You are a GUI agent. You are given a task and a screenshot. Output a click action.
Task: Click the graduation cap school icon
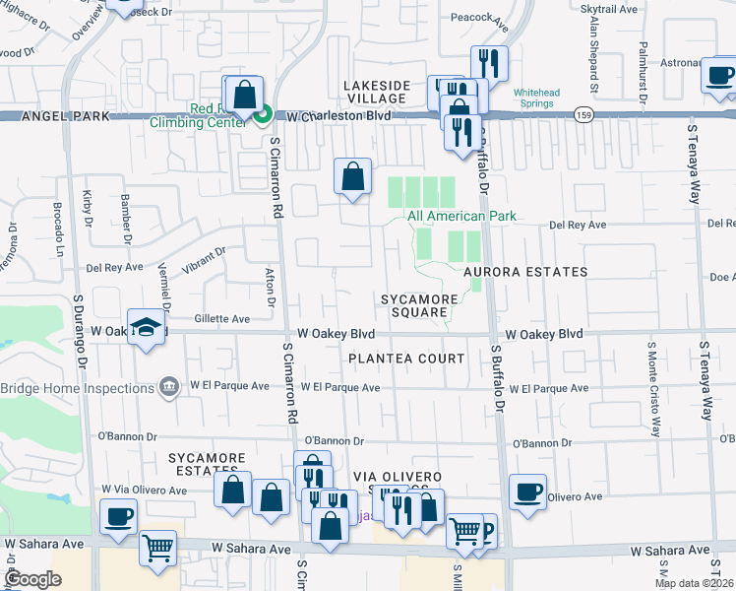[146, 329]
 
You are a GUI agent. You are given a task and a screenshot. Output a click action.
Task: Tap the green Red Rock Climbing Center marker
[263, 116]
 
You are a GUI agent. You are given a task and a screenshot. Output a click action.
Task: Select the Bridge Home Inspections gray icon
[169, 384]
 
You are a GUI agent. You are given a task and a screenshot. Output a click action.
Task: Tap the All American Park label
[461, 216]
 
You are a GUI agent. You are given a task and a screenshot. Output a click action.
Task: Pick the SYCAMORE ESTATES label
[207, 464]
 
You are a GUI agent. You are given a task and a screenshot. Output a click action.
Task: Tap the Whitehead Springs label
[536, 98]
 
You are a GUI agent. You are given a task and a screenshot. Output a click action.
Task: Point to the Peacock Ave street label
[477, 18]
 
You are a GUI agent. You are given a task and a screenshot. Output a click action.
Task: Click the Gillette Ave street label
[221, 319]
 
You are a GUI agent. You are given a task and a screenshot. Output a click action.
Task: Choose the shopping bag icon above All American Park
[353, 178]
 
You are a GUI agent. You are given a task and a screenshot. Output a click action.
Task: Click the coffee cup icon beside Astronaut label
[720, 75]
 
